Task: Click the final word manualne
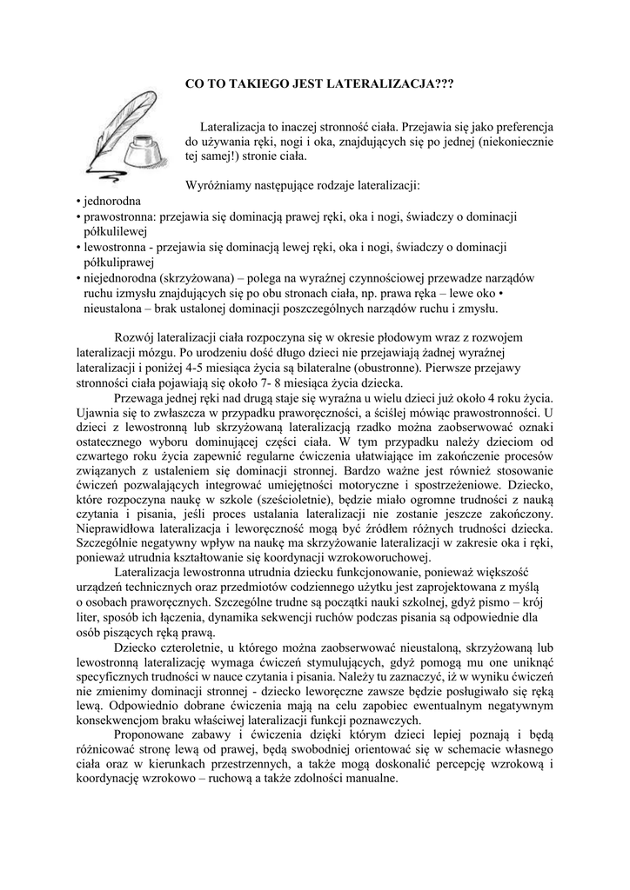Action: [x=372, y=779]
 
